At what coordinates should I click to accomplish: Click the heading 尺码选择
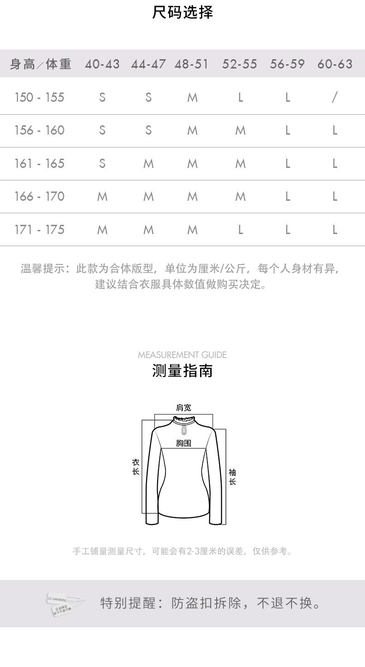click(182, 12)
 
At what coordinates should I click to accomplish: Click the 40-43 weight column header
click(102, 64)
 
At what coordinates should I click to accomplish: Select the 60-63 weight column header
click(335, 64)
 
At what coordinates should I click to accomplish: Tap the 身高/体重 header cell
click(41, 64)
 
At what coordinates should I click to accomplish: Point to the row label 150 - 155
click(39, 98)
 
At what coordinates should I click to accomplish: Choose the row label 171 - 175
click(39, 230)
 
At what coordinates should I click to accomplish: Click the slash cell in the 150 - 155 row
click(335, 97)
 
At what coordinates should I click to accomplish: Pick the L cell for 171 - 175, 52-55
click(240, 230)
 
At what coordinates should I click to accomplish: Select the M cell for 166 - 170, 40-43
click(102, 197)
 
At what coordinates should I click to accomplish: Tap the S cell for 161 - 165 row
click(102, 164)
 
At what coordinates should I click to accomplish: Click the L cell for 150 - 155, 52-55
click(240, 98)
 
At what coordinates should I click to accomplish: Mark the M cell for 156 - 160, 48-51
click(193, 131)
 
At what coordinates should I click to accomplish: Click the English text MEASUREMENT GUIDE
click(182, 355)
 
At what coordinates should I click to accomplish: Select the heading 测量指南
click(182, 371)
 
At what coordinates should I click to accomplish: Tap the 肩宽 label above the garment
click(183, 408)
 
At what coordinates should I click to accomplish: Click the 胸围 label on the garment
click(183, 443)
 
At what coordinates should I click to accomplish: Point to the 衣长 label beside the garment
click(136, 467)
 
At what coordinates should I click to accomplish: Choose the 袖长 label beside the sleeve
click(232, 477)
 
